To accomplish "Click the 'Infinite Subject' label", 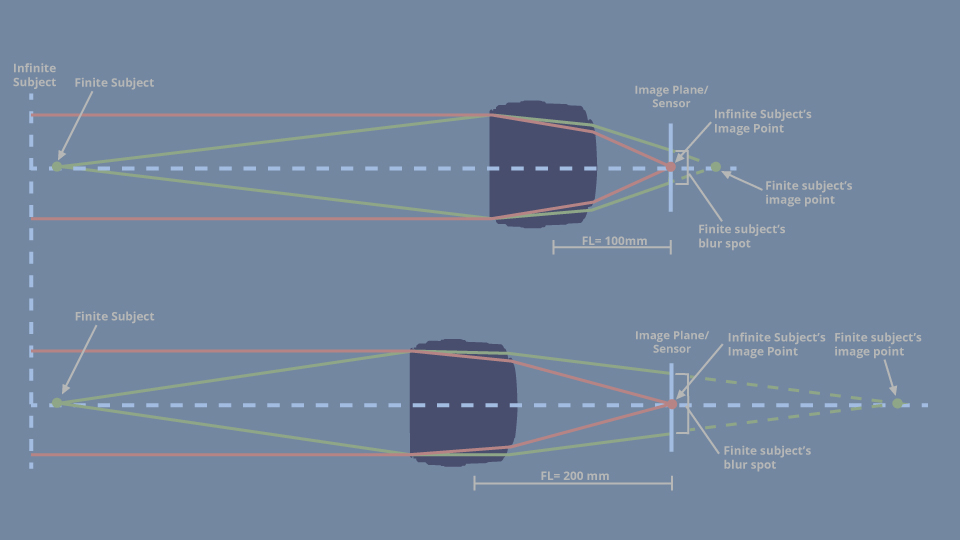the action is [34, 75].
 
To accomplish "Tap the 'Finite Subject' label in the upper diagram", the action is [114, 83].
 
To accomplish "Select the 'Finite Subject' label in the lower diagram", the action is [114, 317].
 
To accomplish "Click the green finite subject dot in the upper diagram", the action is [57, 167].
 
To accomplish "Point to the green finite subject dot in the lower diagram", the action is [57, 403].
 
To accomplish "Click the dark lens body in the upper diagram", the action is [542, 164].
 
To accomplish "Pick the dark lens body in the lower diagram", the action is [463, 403].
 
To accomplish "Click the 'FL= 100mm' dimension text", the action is [614, 241].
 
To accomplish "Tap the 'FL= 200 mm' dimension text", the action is [574, 476].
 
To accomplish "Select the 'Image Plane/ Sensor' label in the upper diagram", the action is [671, 97].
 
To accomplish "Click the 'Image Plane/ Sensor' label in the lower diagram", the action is [672, 342].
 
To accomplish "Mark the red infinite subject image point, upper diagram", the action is [671, 167].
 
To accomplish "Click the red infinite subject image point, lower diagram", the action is [672, 404].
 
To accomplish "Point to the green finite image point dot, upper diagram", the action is [716, 167].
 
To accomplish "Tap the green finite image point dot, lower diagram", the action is [898, 403].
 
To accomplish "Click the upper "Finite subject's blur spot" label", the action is [741, 236].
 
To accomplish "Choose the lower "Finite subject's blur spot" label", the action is [767, 457].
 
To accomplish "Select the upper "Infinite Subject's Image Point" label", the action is [762, 121].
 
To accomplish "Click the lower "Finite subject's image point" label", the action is [877, 344].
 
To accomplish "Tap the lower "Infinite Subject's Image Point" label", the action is [776, 344].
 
